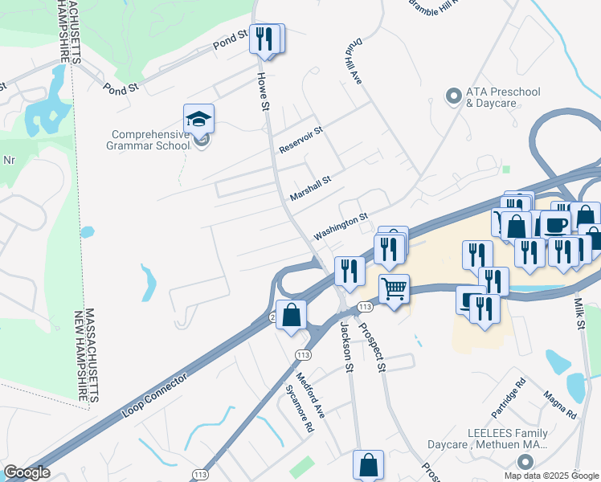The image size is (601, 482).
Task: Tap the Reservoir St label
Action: click(300, 140)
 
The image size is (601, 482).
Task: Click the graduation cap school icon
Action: click(198, 120)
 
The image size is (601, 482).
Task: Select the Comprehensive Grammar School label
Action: click(149, 141)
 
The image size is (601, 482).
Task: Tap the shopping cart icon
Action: click(394, 289)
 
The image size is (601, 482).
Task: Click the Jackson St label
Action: click(347, 346)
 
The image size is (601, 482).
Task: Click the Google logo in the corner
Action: click(27, 473)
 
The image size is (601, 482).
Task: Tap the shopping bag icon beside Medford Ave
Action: click(291, 314)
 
